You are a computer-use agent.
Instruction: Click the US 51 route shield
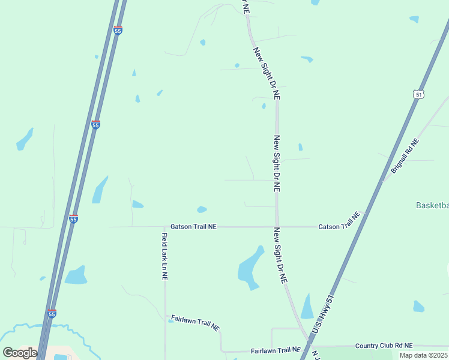click(x=418, y=94)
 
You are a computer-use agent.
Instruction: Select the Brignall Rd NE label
click(x=405, y=156)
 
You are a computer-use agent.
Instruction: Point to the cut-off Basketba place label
click(x=432, y=205)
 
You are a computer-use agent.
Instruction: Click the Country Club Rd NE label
click(x=384, y=346)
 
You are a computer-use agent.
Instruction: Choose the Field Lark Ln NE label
click(x=164, y=257)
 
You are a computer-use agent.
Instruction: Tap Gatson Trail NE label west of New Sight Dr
click(x=193, y=227)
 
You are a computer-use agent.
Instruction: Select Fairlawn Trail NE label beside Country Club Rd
click(x=276, y=350)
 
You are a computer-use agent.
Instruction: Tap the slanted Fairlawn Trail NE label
click(x=195, y=322)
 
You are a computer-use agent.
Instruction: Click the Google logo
click(x=20, y=353)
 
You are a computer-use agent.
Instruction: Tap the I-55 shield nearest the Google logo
click(x=52, y=313)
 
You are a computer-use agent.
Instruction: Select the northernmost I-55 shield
click(x=118, y=29)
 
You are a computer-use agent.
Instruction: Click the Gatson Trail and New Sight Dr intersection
click(x=277, y=227)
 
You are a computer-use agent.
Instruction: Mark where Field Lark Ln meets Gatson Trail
click(x=164, y=227)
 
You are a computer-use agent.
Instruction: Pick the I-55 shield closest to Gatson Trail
click(x=73, y=219)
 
